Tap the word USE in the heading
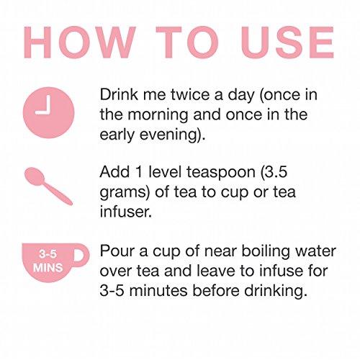click(287, 42)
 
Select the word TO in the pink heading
click(187, 42)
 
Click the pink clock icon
click(49, 112)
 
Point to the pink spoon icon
click(48, 186)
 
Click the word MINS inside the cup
click(48, 268)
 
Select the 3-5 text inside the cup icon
click(48, 254)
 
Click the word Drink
click(119, 94)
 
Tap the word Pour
click(117, 251)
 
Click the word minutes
click(159, 291)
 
